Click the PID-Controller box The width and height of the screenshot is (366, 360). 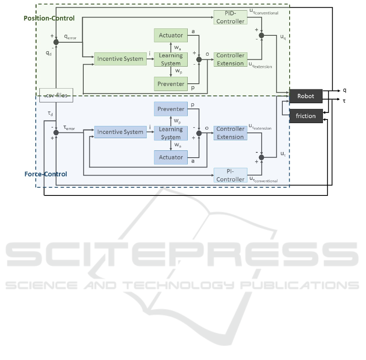pyautogui.click(x=230, y=17)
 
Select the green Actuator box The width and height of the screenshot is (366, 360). pyautogui.click(x=171, y=35)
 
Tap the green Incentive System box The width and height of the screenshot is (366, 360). pyautogui.click(x=120, y=59)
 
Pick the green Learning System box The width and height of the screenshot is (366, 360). pyautogui.click(x=171, y=59)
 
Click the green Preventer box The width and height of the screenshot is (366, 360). pyautogui.click(x=171, y=84)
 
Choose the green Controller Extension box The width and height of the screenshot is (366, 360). pyautogui.click(x=230, y=59)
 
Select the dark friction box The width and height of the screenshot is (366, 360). pyautogui.click(x=305, y=116)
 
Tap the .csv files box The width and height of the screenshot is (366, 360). pyautogui.click(x=55, y=95)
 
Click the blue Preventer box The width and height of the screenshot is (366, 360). pyautogui.click(x=171, y=109)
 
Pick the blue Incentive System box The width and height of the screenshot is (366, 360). pyautogui.click(x=120, y=132)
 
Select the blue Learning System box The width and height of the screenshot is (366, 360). pyautogui.click(x=171, y=133)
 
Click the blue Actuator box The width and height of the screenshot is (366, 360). pyautogui.click(x=171, y=157)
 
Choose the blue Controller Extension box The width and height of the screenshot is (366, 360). pyautogui.click(x=230, y=133)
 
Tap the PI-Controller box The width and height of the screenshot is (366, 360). pyautogui.click(x=230, y=176)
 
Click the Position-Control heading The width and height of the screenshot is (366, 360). pyautogui.click(x=49, y=18)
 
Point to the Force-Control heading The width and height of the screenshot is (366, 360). pyautogui.click(x=46, y=174)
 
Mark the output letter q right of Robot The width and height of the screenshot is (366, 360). pyautogui.click(x=344, y=90)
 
